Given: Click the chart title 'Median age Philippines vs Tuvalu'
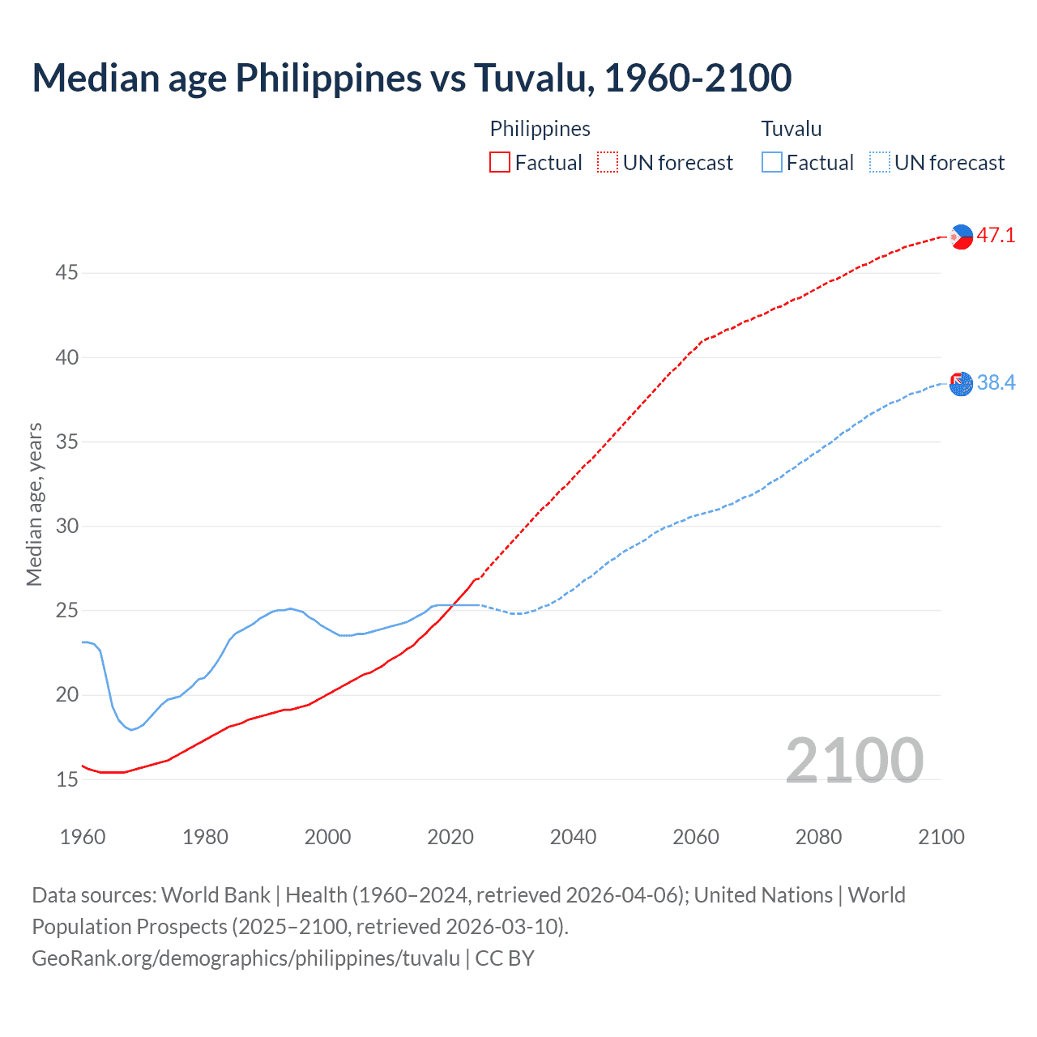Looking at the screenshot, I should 412,78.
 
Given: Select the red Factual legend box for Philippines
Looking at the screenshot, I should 500,162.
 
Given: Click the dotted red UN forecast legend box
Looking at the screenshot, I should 607,162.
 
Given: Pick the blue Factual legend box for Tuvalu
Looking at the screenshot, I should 771,162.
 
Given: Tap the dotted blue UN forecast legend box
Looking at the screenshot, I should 879,162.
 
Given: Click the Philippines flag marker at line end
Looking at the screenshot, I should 961,237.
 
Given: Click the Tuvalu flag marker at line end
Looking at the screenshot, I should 961,384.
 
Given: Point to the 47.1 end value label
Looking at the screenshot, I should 996,236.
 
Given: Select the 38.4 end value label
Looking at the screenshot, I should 996,382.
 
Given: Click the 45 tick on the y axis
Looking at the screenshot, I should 66,273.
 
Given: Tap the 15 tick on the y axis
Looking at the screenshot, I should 66,780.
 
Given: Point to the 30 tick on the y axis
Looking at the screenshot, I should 66,527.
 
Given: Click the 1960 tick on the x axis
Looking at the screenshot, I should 83,837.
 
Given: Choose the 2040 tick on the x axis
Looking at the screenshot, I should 573,837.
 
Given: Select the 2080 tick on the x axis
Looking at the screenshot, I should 818,837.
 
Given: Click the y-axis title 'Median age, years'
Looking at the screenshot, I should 34,504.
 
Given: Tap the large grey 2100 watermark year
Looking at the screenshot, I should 854,760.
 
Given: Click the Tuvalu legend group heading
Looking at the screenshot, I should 792,129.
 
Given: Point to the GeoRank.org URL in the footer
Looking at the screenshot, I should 245,958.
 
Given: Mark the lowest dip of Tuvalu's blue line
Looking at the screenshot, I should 131,730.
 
